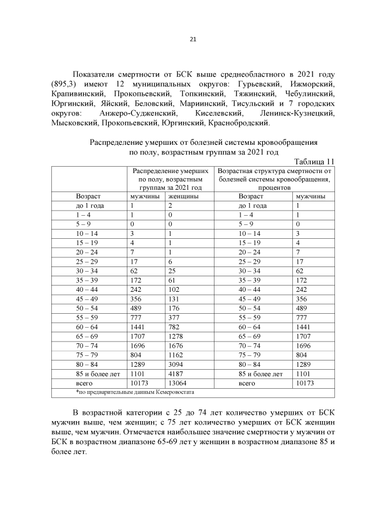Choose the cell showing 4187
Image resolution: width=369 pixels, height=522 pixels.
(x=176, y=373)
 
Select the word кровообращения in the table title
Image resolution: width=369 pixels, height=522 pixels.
(x=287, y=142)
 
